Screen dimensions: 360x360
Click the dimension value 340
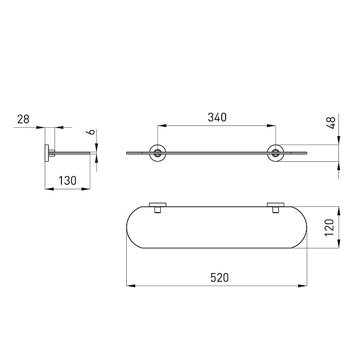tap(217, 117)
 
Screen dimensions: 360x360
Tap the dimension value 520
tap(219, 277)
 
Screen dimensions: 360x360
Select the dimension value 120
tap(329, 228)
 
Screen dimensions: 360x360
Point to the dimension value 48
tap(331, 122)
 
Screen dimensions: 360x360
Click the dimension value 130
tap(67, 180)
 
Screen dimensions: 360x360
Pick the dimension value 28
tap(23, 120)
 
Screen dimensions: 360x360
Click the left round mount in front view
tap(157, 153)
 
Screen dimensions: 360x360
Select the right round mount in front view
tap(276, 153)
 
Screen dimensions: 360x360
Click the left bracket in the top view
tap(157, 207)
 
